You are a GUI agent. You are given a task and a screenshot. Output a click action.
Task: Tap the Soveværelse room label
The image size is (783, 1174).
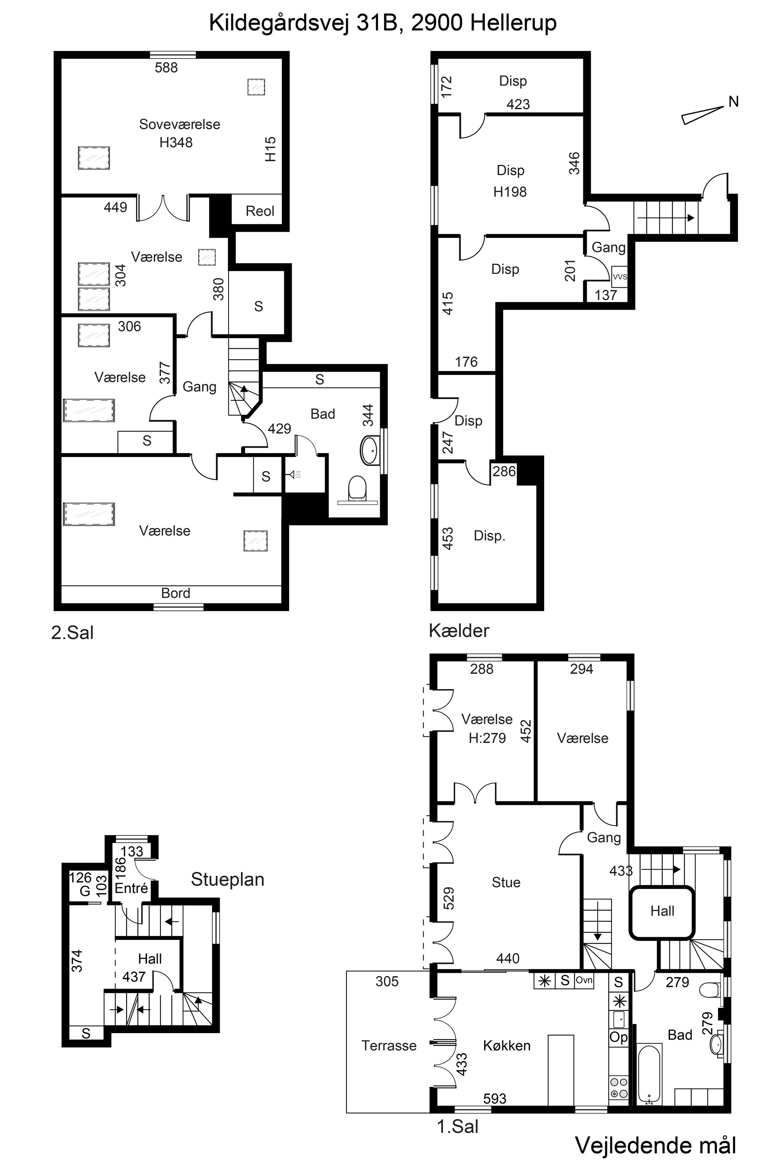click(x=179, y=124)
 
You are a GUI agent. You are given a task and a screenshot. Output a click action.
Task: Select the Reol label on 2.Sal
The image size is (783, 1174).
click(x=260, y=211)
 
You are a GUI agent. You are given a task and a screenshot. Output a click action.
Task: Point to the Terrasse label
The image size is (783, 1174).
click(x=389, y=1045)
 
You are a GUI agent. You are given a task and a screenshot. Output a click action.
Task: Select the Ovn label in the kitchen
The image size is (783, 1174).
click(x=584, y=980)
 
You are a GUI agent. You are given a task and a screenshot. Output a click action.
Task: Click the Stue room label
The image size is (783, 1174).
click(x=506, y=882)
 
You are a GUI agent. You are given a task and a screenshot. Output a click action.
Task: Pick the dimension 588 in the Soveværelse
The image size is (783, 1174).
click(x=166, y=67)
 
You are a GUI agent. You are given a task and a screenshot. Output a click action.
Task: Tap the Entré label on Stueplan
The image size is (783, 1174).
click(x=131, y=888)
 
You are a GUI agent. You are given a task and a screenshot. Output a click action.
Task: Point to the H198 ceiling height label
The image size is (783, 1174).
click(x=510, y=192)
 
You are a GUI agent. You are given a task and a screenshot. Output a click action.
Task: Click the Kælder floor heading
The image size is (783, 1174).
click(x=459, y=631)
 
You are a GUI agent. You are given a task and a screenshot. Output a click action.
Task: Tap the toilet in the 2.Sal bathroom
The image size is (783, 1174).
click(x=357, y=488)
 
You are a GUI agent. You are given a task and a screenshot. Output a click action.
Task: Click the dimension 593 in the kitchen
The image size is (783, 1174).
click(x=494, y=1098)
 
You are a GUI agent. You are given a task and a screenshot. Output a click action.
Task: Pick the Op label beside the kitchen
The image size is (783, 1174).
click(x=618, y=1037)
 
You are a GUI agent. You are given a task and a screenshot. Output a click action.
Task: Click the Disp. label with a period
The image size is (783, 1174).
click(x=489, y=536)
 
